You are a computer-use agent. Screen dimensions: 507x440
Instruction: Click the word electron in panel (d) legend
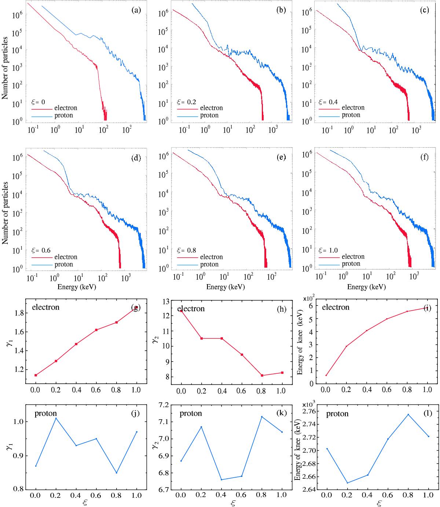point(66,257)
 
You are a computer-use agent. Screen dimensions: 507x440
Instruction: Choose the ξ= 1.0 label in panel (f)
point(330,249)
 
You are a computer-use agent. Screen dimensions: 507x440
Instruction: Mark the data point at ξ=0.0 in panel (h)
point(181,311)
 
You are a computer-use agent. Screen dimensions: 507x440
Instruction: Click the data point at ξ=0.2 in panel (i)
point(346,346)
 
